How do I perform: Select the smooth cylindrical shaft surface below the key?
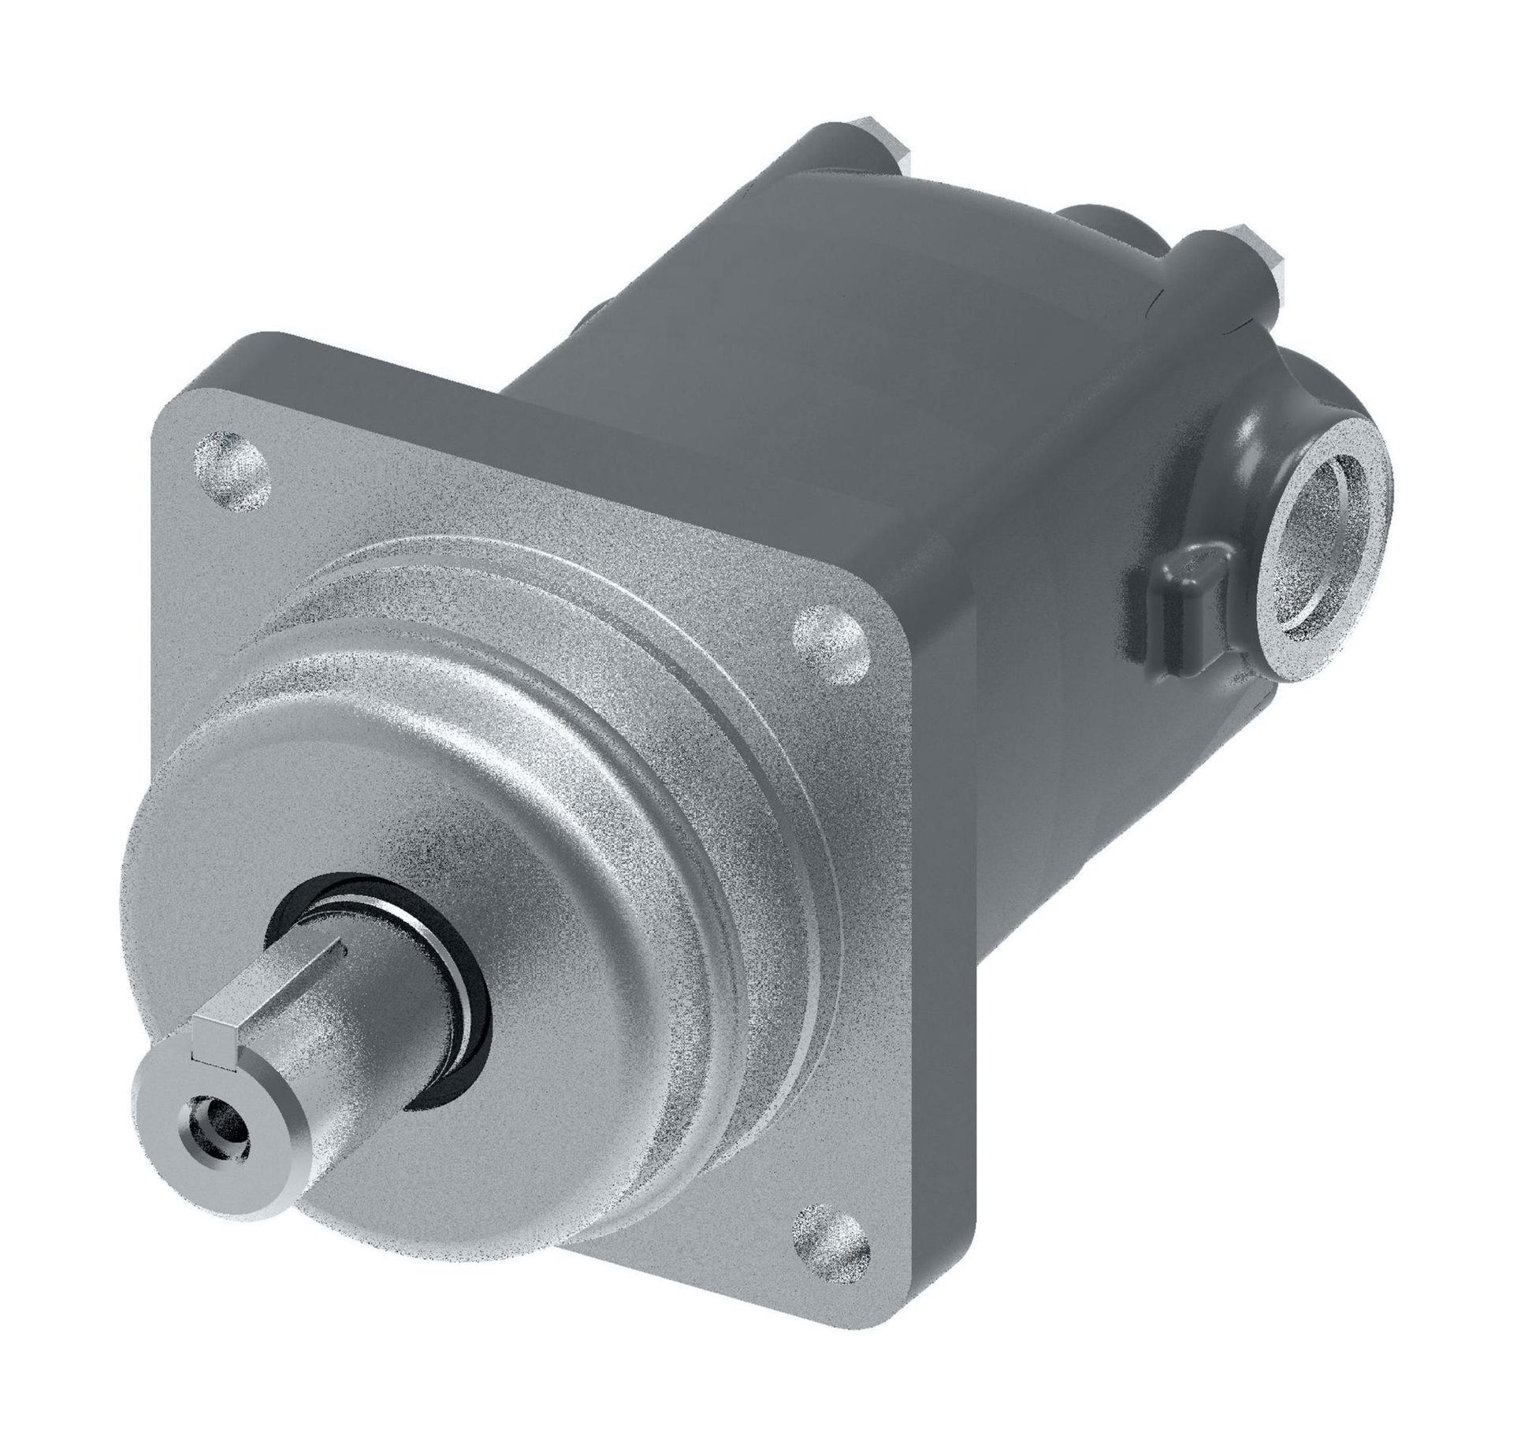(x=339, y=1056)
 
